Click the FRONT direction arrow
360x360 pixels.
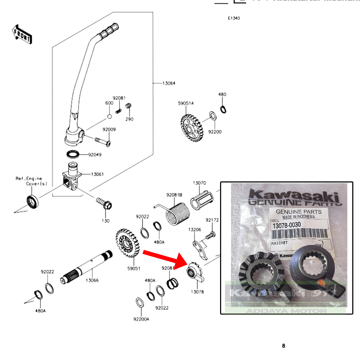[x=22, y=34]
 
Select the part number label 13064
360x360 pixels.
[x=169, y=83]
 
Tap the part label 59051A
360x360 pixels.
[x=186, y=103]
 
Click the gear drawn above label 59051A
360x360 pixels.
[x=192, y=128]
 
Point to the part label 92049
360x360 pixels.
[x=95, y=154]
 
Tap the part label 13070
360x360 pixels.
[x=199, y=183]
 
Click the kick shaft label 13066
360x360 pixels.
[x=92, y=280]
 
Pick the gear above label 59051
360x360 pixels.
[x=127, y=242]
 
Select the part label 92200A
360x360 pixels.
[x=141, y=319]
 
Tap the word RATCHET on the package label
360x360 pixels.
[x=280, y=243]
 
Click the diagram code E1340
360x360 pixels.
[x=234, y=18]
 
